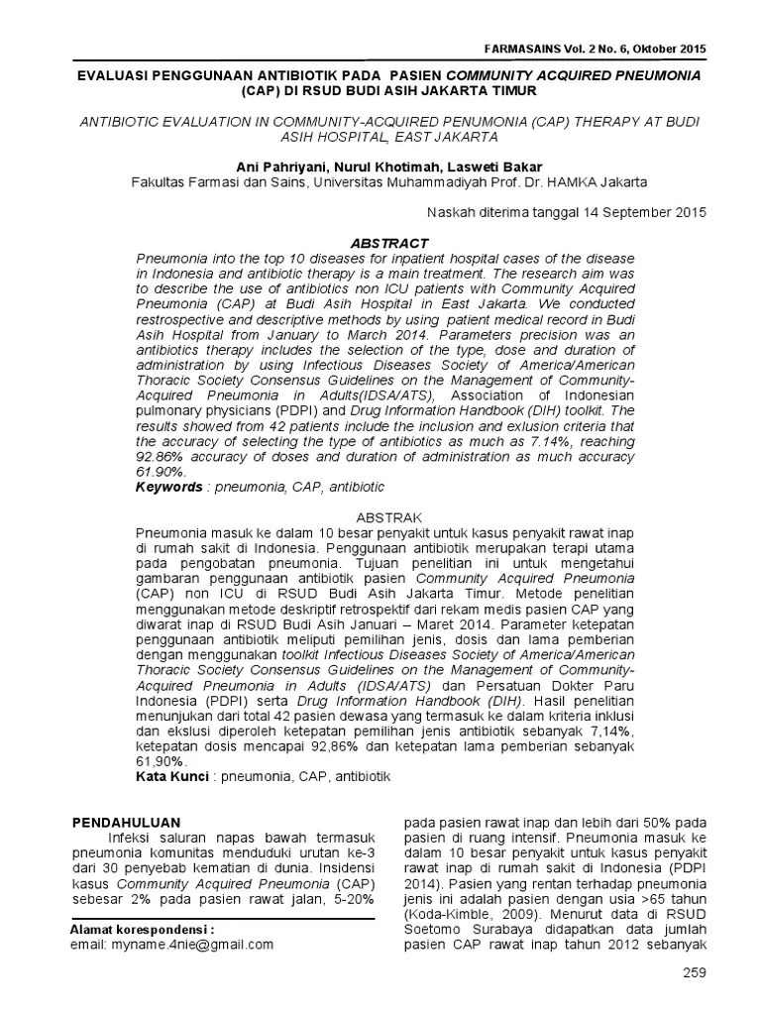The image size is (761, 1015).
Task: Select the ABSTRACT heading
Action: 390,242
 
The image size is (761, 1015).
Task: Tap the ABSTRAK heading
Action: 390,517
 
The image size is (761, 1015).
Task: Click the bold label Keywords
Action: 167,489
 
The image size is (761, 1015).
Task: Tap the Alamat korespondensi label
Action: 143,930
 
